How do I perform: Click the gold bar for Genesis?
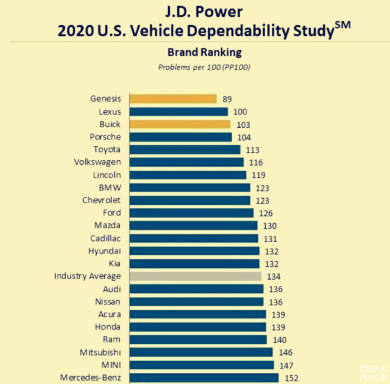[x=173, y=99]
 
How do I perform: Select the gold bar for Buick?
[x=180, y=124]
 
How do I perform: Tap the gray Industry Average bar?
[x=195, y=276]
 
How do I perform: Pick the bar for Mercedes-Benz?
[x=204, y=378]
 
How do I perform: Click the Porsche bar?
[x=181, y=137]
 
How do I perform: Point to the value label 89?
[x=227, y=99]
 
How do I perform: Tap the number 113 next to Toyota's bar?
[x=252, y=150]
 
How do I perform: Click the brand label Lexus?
[x=109, y=112]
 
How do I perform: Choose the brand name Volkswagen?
[x=97, y=162]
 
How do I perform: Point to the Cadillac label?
[x=105, y=238]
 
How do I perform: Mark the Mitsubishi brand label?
[x=100, y=352]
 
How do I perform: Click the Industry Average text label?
[x=87, y=276]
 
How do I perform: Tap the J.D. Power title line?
[x=204, y=11]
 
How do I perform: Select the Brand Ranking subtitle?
[x=204, y=52]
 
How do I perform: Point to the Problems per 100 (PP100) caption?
[x=204, y=67]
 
